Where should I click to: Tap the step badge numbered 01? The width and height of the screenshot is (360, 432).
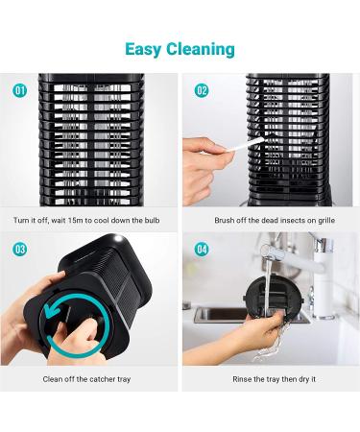[x=19, y=90]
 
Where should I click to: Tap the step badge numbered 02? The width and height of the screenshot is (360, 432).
[x=202, y=90]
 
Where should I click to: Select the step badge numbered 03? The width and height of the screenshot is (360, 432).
[x=19, y=248]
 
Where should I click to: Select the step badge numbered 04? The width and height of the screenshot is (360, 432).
[x=202, y=248]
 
